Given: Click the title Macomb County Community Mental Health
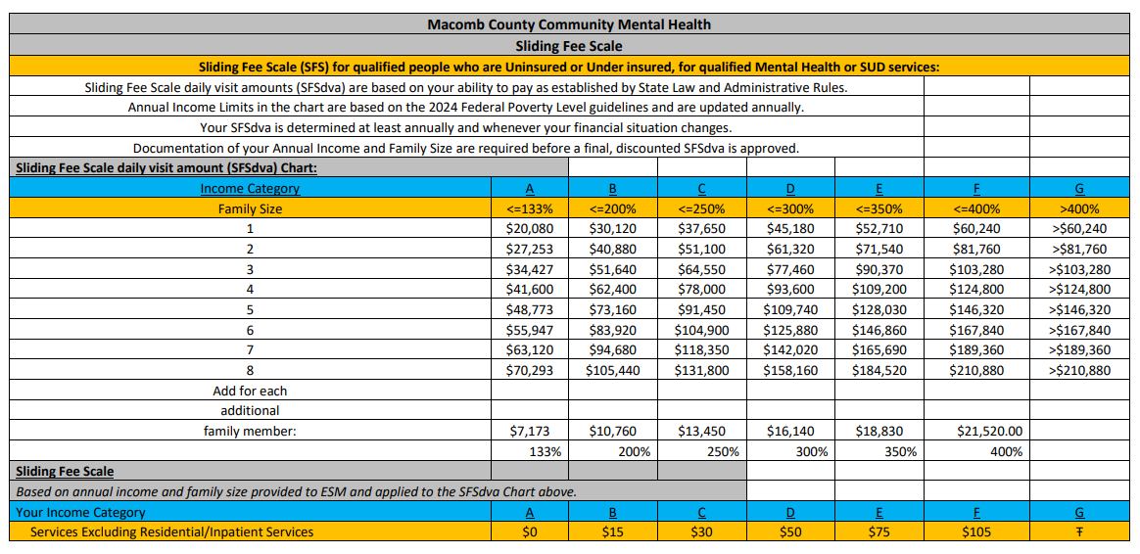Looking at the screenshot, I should [569, 24].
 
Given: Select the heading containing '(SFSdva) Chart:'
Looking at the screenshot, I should [166, 167].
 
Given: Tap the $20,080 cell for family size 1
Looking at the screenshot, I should [530, 229].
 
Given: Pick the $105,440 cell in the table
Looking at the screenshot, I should [612, 371].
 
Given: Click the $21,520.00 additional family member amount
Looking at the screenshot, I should [988, 431].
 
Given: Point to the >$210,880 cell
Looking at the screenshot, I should [1079, 371].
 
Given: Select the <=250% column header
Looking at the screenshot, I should [701, 208].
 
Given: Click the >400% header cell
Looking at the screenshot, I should [1079, 208].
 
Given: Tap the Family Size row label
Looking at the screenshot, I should [250, 208].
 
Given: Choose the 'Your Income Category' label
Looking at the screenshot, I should [81, 512].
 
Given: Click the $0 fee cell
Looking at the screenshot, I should [530, 532].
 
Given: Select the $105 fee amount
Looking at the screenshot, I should [975, 532].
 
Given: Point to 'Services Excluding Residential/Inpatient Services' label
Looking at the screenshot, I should [172, 532].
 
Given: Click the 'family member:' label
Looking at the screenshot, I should [250, 431].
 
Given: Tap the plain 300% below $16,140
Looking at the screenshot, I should [812, 452].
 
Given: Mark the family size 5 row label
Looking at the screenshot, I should [250, 309].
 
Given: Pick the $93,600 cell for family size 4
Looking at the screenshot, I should [789, 290].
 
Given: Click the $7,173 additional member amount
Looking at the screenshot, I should [530, 431].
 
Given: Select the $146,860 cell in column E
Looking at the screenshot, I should [879, 331].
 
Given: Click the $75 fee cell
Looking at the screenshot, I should [879, 532].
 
